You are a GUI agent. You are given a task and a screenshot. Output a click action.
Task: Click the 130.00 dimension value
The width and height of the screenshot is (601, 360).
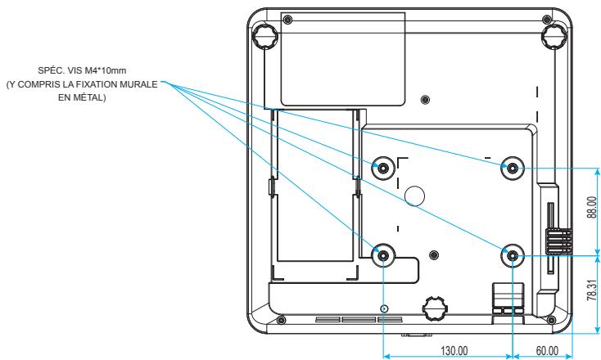point(454,351)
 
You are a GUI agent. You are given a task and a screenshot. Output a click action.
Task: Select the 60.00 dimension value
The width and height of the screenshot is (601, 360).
point(547,351)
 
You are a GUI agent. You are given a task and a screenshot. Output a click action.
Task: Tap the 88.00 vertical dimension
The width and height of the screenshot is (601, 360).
point(592,207)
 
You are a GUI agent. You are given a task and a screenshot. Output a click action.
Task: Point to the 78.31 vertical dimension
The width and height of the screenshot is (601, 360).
point(592,290)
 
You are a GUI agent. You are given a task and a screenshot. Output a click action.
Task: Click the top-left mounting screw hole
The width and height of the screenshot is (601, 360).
point(383,168)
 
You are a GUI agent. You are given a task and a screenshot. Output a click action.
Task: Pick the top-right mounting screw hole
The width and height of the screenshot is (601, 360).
point(513,168)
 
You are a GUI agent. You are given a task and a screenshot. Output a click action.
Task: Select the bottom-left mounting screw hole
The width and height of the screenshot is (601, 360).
point(383,254)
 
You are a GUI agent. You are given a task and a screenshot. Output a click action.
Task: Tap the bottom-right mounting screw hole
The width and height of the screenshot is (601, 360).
point(513,255)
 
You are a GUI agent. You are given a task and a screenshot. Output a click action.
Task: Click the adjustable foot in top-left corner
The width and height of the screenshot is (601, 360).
point(264,36)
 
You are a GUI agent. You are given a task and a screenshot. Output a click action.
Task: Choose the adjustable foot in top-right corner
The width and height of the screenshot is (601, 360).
point(554,36)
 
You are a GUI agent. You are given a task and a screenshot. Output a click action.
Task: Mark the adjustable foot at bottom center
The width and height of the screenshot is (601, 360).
point(435,308)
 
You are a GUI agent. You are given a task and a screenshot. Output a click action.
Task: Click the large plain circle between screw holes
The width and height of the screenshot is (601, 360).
point(414,196)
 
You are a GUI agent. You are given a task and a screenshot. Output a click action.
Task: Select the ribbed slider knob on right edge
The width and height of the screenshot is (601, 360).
point(559,241)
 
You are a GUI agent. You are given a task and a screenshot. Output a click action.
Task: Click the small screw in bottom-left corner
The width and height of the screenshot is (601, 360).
point(281,320)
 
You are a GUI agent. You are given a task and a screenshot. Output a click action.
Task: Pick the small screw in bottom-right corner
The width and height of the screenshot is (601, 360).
point(551,320)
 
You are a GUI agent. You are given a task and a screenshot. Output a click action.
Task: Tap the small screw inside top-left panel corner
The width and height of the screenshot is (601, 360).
point(289,20)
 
